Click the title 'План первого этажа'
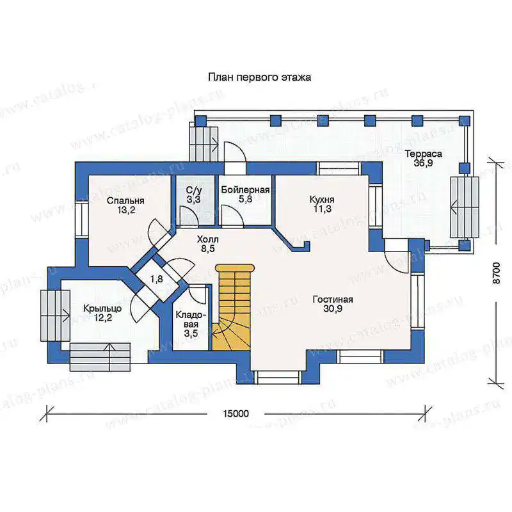click(x=260, y=77)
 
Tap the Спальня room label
click(x=125, y=205)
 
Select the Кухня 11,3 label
click(x=322, y=204)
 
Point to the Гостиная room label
click(x=333, y=304)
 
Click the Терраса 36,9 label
click(x=423, y=158)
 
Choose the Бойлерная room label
click(x=245, y=195)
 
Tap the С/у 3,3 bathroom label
click(x=194, y=195)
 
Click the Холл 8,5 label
click(x=207, y=244)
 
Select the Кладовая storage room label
click(x=191, y=324)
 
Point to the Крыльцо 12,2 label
click(x=102, y=313)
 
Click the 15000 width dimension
click(x=236, y=413)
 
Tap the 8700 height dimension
click(x=495, y=273)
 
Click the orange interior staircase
click(x=233, y=308)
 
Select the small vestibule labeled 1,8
click(x=156, y=280)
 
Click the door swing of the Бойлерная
click(x=232, y=215)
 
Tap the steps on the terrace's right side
click(x=465, y=207)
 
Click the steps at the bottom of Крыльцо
click(x=100, y=357)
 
